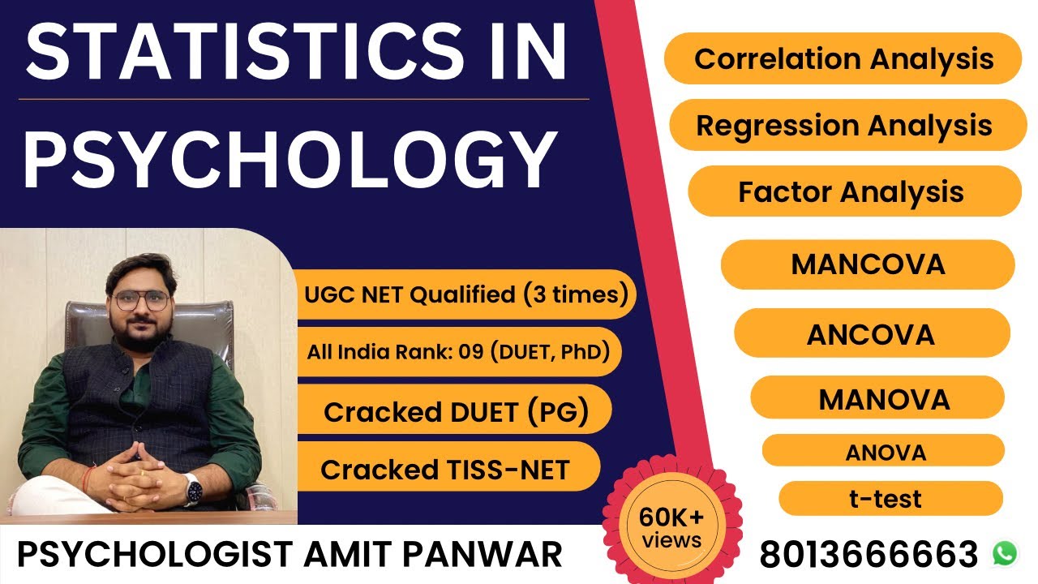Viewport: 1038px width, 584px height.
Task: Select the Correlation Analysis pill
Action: coord(843,59)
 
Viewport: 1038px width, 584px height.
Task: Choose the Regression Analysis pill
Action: coord(844,126)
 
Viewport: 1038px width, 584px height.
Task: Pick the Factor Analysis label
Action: coord(851,192)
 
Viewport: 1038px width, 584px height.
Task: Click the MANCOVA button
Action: coord(868,264)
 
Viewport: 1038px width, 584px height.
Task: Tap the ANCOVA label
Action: coord(871,334)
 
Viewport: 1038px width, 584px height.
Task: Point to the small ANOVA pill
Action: coord(885,452)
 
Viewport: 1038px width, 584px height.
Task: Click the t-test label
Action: coord(886,498)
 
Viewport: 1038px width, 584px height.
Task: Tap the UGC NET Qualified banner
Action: coord(465,294)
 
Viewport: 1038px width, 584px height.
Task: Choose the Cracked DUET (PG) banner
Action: coord(455,412)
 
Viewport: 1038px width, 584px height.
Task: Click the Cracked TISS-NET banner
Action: coord(445,469)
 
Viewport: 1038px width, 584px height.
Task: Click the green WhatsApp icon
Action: coord(1004,553)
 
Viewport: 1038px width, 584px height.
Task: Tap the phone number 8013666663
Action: coord(869,555)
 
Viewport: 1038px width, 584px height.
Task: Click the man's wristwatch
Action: coord(192,489)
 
